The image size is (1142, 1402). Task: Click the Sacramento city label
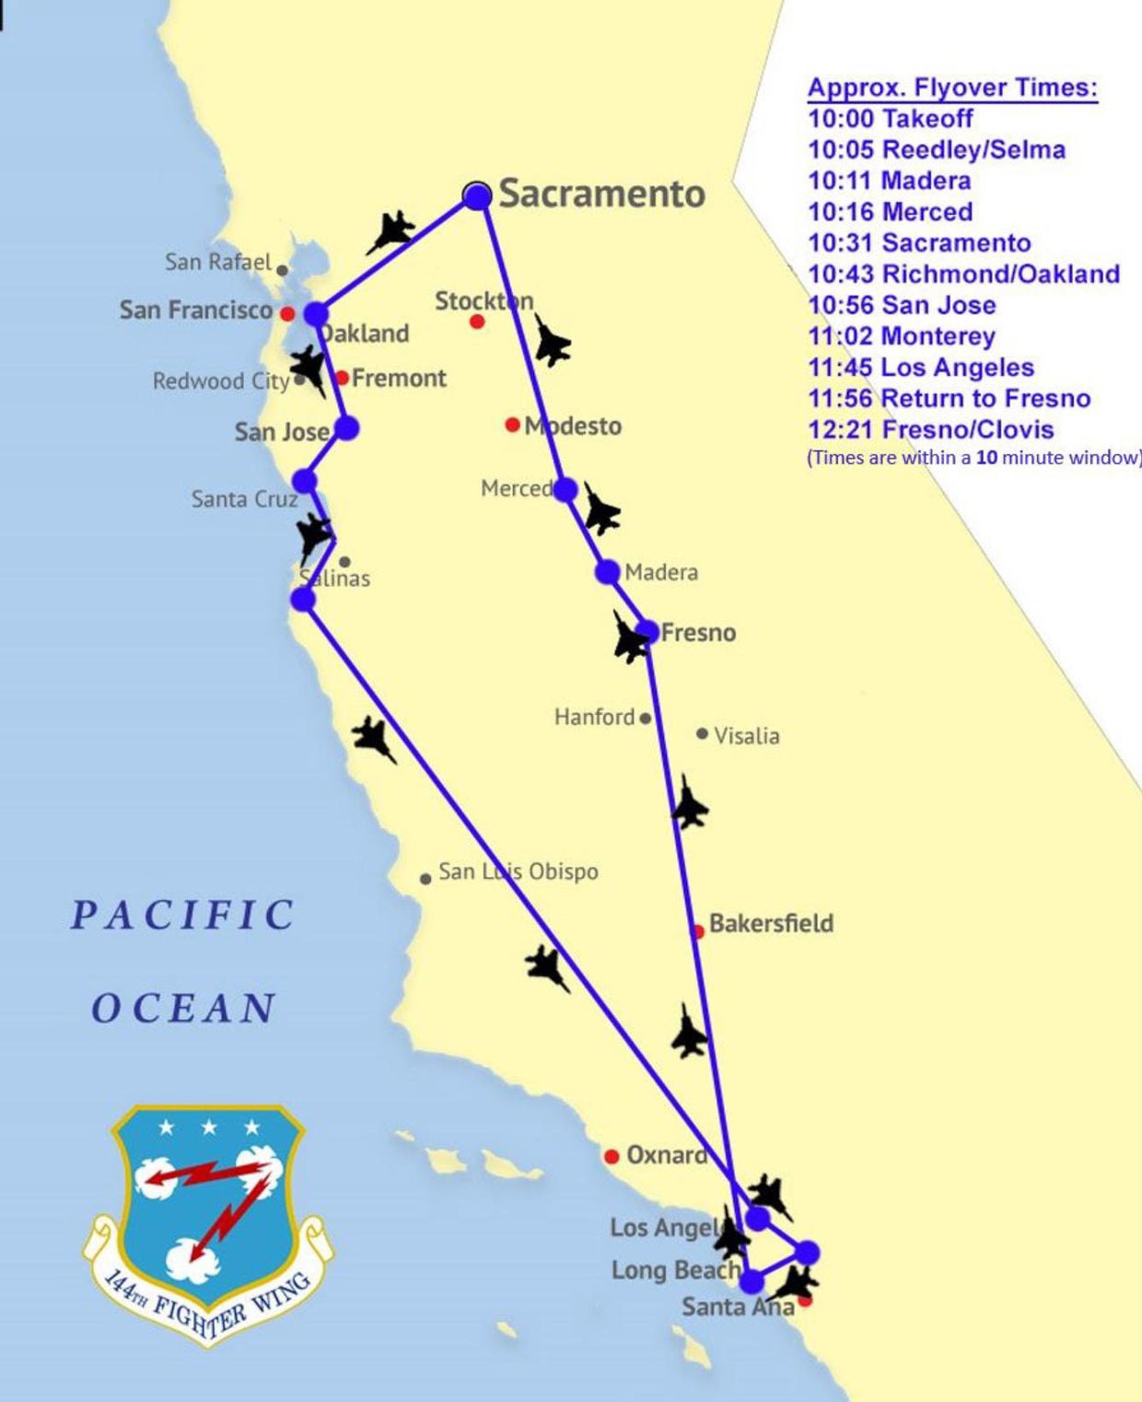[601, 194]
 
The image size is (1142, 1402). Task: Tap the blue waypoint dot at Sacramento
[477, 195]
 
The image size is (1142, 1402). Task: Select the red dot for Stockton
[477, 321]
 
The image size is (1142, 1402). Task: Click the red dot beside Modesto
[513, 425]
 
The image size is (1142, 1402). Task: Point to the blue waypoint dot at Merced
[565, 489]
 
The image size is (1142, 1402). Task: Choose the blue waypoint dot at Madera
[607, 572]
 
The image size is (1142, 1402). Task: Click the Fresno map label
[698, 633]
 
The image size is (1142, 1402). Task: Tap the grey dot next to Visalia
[703, 734]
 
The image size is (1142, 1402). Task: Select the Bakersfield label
[771, 923]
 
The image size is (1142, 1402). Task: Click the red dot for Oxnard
[612, 1156]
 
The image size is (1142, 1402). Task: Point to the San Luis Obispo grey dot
[425, 879]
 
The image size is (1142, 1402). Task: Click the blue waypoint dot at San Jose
[347, 428]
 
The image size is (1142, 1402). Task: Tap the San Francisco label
[195, 310]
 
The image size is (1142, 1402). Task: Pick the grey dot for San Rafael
[282, 271]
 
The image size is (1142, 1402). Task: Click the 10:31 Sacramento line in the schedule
[919, 243]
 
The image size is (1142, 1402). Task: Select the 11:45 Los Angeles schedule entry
[921, 368]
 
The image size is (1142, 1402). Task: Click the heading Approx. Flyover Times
[952, 88]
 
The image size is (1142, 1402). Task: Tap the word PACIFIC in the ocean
[182, 916]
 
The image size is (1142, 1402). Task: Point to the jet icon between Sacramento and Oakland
[391, 231]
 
